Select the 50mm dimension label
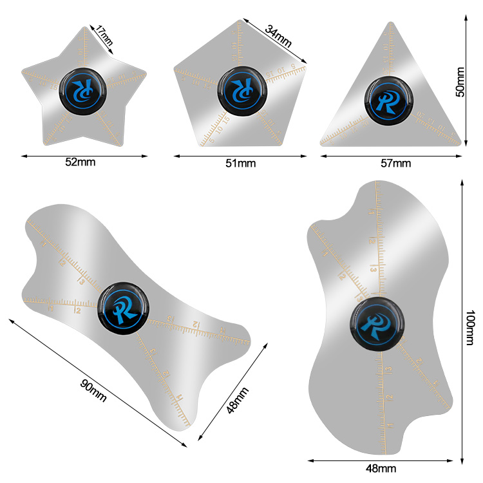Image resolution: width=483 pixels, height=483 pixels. [x=460, y=82]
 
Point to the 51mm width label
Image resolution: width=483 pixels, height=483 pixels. [x=240, y=163]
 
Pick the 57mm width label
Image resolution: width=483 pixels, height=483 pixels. [x=395, y=163]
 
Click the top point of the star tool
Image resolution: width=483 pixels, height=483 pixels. [x=85, y=27]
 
